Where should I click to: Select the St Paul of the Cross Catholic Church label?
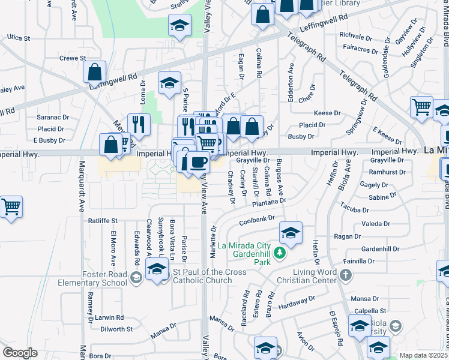point(202,276)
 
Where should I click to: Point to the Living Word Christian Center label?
point(307,276)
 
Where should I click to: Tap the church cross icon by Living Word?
point(345,275)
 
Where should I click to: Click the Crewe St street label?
point(73,58)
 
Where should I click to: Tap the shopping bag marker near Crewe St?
point(95,73)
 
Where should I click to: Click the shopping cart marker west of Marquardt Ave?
point(11,208)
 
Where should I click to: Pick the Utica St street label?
point(18,38)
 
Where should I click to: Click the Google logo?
point(20,353)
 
